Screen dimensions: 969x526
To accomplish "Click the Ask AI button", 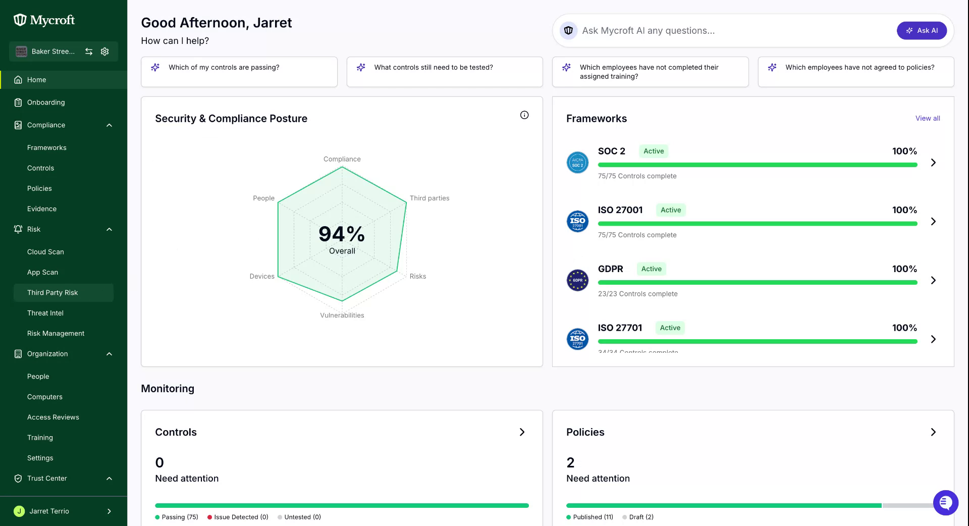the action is pos(922,30).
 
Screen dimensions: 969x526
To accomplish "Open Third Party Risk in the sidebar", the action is pos(52,293).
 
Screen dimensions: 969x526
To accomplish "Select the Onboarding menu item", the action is pos(46,102).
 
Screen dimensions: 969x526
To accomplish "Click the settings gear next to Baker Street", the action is pos(105,51).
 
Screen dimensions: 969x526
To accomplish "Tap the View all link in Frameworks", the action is pos(928,118).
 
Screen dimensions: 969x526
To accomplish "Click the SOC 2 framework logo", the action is pos(577,163).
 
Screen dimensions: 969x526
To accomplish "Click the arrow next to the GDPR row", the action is pos(933,280).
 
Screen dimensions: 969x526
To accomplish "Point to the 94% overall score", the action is pos(342,234).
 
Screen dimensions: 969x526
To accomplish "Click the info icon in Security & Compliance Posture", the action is pos(524,115).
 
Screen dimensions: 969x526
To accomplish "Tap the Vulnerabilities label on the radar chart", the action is pos(342,315).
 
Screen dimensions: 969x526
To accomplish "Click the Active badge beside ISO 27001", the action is pos(671,210).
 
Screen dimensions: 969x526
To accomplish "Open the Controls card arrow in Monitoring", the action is pos(522,432).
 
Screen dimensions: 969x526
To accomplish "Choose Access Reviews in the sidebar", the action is pos(53,417).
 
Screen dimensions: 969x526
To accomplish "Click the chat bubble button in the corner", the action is pos(946,503).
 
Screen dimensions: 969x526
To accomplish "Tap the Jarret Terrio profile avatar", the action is pos(19,511).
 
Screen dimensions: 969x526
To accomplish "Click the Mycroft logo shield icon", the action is pos(20,20).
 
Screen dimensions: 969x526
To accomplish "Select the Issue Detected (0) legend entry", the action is pos(238,517).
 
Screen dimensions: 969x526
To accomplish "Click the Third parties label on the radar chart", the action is pos(429,198).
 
